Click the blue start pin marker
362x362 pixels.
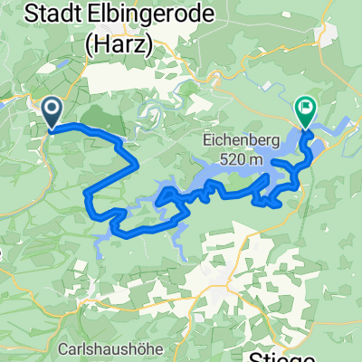click(x=51, y=112)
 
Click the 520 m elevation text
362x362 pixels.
click(x=239, y=159)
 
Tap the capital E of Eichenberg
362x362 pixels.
click(x=205, y=141)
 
